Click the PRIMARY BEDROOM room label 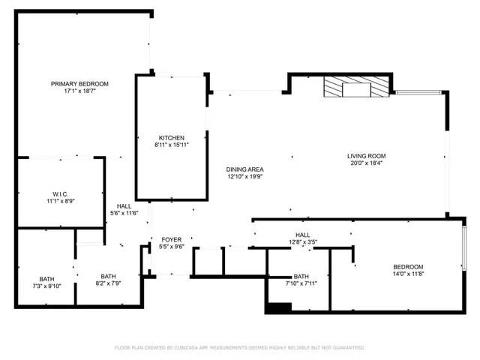[79, 83]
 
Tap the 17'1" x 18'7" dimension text [79, 91]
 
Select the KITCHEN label [171, 138]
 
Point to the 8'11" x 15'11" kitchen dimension [171, 145]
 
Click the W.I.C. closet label [61, 193]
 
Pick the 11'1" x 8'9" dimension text [61, 201]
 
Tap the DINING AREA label [244, 169]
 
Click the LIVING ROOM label [366, 156]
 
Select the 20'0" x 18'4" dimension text [366, 163]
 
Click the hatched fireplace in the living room [357, 88]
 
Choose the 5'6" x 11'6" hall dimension [124, 214]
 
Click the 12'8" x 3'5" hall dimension [303, 242]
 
